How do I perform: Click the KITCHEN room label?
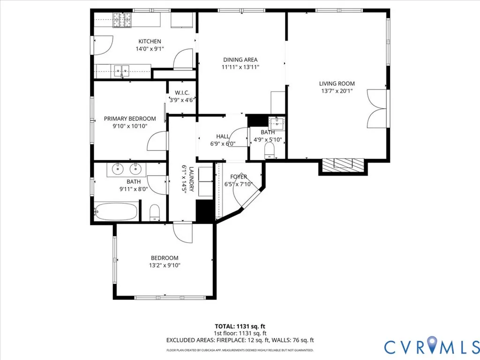coord(150,41)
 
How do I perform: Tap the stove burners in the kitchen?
coord(122,20)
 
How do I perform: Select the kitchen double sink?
coord(122,71)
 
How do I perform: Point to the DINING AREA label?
coord(240,60)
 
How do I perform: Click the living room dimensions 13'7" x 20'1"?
coord(337,91)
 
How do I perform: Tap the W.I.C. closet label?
coord(182,93)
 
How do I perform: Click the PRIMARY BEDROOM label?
coord(130,119)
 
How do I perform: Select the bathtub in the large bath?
coord(116,211)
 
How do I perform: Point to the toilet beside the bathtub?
coord(155,213)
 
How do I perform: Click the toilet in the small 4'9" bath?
coord(270,151)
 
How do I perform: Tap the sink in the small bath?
coord(277,123)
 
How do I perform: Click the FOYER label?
coord(239,177)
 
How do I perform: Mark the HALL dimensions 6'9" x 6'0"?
coord(223,143)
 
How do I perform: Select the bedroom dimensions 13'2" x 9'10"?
coord(165,265)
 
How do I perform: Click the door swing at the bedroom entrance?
coord(182,232)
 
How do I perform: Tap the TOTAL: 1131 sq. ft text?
coord(240,326)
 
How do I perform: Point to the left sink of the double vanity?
coord(117,169)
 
